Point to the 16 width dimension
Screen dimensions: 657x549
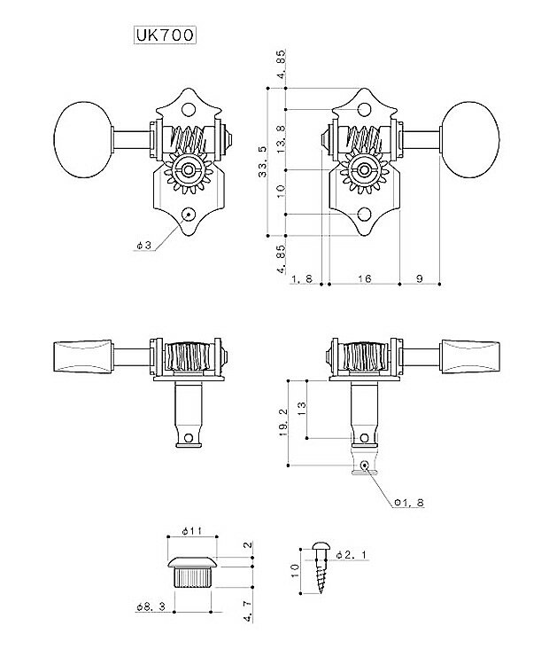click(364, 279)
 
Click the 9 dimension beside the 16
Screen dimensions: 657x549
click(418, 279)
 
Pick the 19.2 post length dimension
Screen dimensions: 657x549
click(282, 423)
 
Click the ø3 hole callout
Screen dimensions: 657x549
click(143, 246)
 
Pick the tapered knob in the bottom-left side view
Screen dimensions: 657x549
click(85, 355)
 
